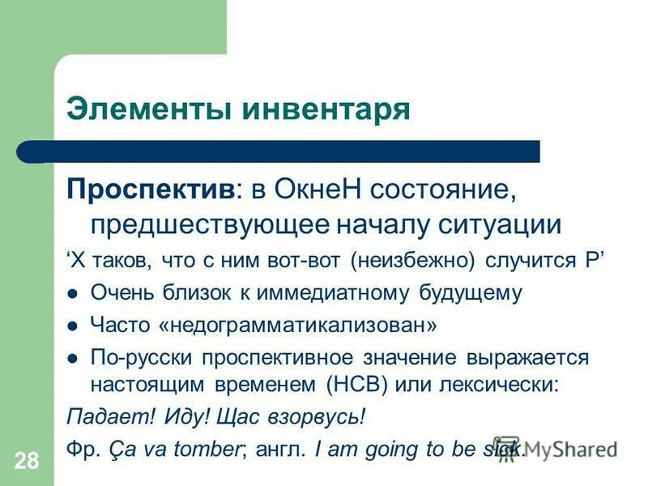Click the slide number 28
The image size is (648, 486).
point(26,462)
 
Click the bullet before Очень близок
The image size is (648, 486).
point(73,293)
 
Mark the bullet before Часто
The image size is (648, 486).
point(73,326)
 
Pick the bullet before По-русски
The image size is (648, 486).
point(73,358)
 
